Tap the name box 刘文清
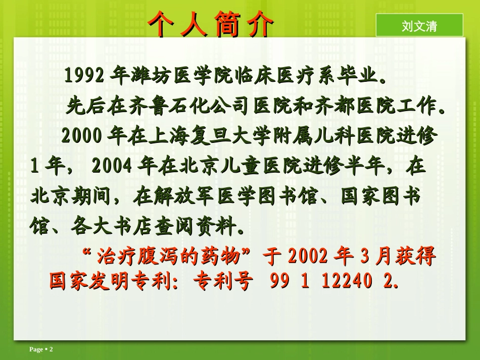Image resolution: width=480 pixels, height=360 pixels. pos(419,26)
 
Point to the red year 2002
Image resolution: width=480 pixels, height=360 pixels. pos(309,256)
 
